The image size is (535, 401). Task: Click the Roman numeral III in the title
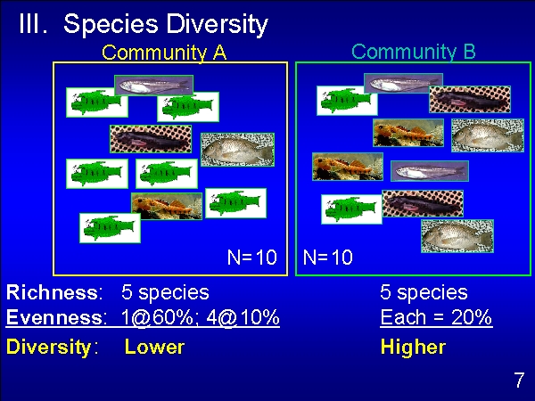pos(33,23)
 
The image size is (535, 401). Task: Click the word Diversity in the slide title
pos(217,25)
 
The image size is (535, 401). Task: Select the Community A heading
pos(164,53)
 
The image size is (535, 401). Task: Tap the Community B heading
pos(414,52)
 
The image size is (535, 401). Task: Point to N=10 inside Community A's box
pos(252,258)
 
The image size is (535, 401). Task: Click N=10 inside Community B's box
pos(327,258)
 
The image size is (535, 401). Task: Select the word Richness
pos(54,292)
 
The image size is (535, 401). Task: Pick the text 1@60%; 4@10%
pos(201,317)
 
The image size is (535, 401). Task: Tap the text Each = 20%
pos(436,317)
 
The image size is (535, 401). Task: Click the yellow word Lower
pos(154,347)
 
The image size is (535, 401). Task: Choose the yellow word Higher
pos(413,348)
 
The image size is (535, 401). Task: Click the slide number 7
pos(519,380)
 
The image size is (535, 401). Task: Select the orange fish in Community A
pos(167,207)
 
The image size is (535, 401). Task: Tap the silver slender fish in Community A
pos(154,86)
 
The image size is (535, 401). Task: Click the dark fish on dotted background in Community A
pos(151,139)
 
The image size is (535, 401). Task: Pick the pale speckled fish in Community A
pos(237,150)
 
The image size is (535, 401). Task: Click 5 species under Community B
pos(424,292)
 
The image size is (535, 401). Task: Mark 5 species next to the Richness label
pos(165,292)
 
